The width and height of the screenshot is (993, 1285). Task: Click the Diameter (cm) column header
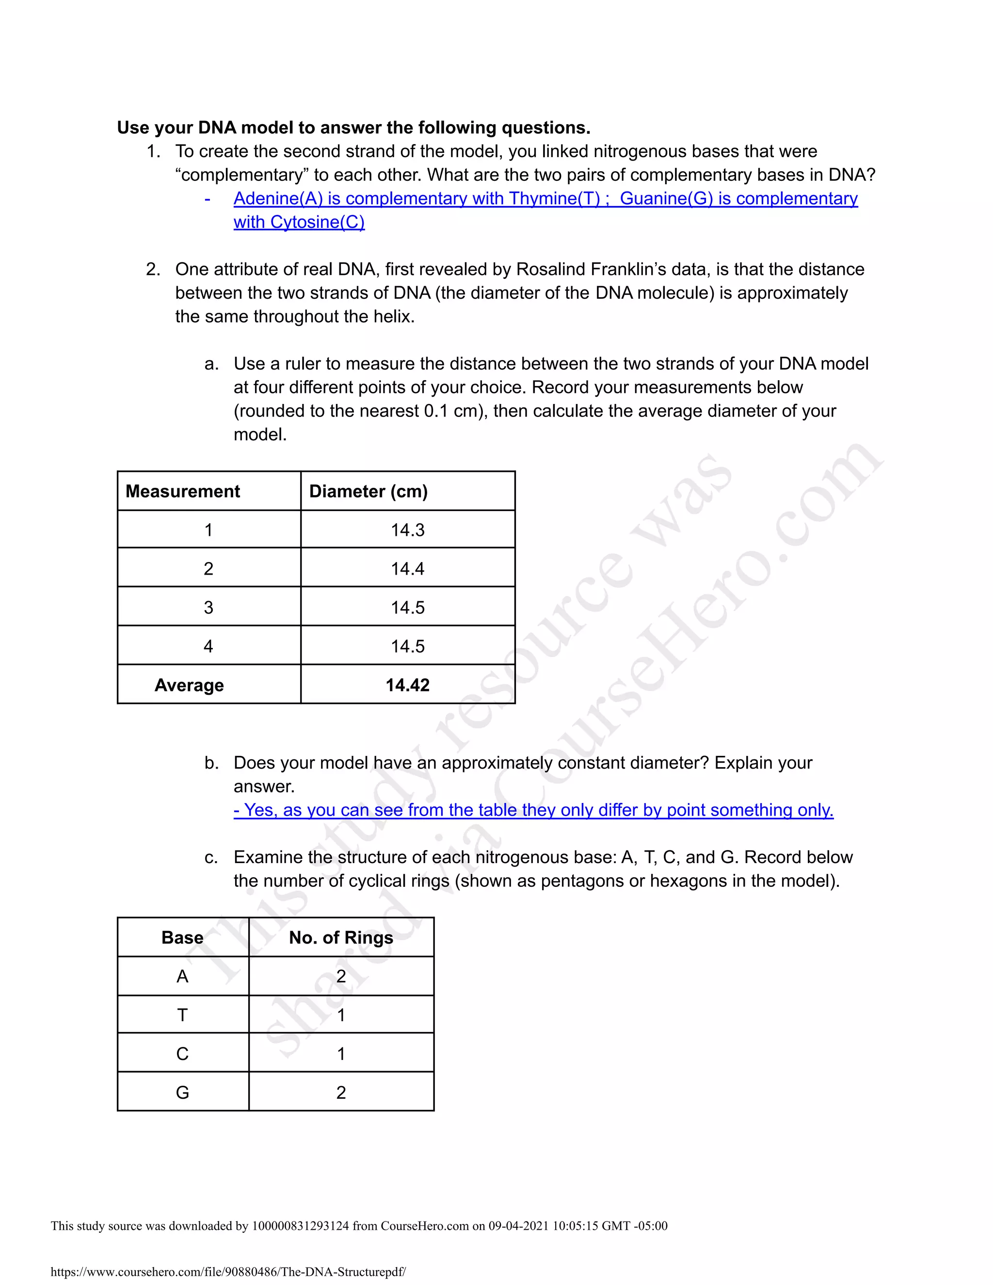tap(368, 491)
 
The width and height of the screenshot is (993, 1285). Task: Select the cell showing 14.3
tap(408, 530)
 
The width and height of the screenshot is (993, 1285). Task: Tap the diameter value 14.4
tap(408, 569)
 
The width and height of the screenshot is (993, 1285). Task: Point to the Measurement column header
tap(183, 491)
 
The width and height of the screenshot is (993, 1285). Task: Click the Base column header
tap(182, 937)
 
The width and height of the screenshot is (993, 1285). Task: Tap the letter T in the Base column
tap(182, 1015)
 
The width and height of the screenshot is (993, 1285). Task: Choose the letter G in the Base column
tap(182, 1092)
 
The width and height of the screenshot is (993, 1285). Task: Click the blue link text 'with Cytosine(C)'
tap(299, 223)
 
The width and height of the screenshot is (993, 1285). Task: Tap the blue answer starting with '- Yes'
tap(533, 810)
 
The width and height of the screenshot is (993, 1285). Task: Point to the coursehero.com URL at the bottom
tap(228, 1271)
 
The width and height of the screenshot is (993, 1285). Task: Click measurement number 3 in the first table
tap(208, 608)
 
